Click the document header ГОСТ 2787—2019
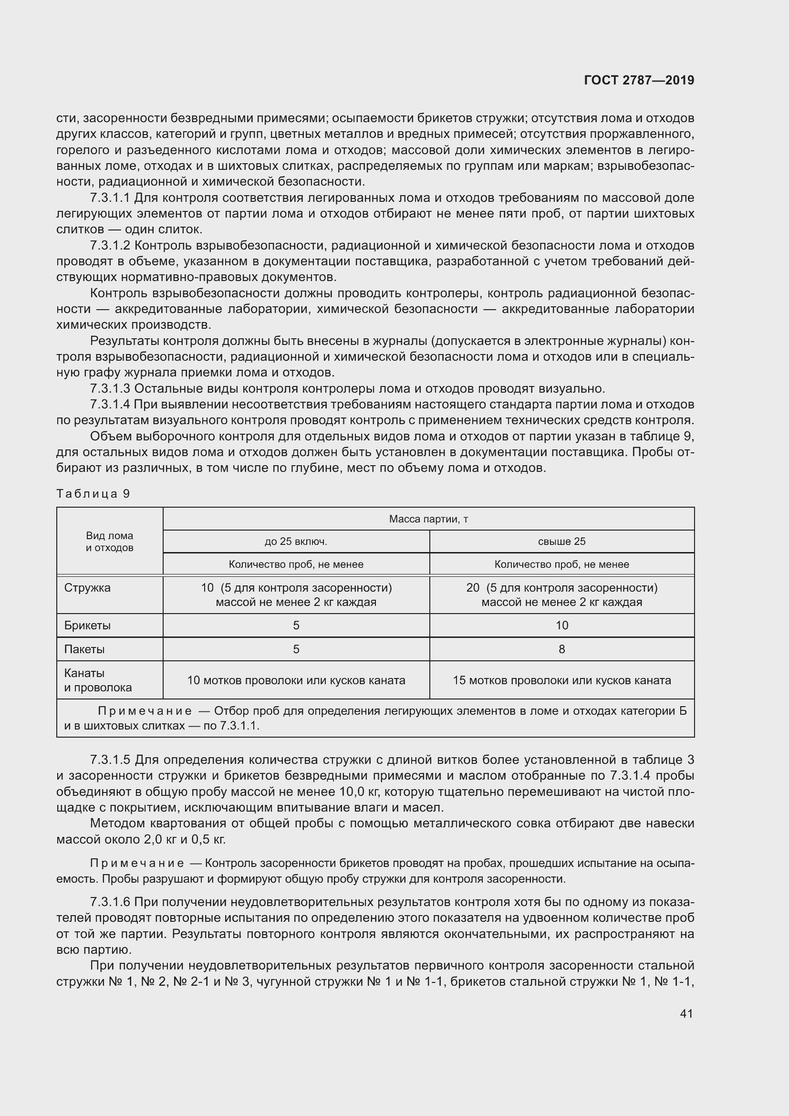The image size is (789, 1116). coord(639,80)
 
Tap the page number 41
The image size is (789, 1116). coord(686,1013)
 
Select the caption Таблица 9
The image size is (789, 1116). coord(93,494)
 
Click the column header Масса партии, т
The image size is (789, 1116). coord(428,519)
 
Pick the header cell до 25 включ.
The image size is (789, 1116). coord(296,542)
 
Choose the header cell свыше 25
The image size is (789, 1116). coord(561,542)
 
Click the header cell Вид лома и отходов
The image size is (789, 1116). coord(109,542)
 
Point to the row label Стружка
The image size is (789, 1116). coord(87,588)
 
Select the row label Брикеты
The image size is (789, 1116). coord(87,626)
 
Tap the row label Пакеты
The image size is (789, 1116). coord(84,649)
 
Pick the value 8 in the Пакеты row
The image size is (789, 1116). coord(561,649)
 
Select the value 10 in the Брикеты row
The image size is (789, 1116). coord(561,626)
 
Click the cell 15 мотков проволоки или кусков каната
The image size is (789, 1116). coord(561,680)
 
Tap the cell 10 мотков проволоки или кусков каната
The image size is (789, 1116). coord(296,680)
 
